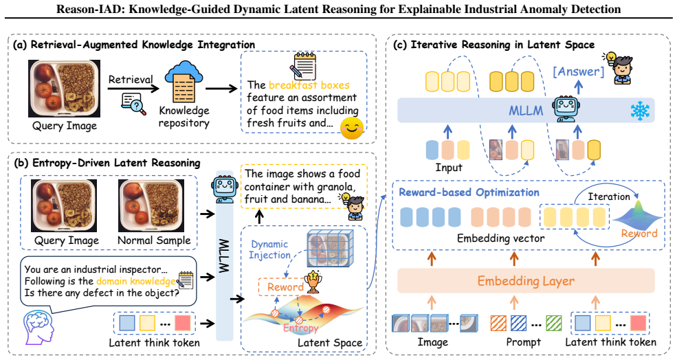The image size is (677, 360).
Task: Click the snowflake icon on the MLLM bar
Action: [x=640, y=111]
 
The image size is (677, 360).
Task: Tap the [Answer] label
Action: [x=578, y=71]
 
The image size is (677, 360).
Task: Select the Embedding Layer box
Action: [x=526, y=281]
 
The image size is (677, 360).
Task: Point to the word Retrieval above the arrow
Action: [x=131, y=80]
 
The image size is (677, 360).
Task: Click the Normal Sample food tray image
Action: [x=151, y=205]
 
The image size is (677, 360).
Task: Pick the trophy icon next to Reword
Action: [x=313, y=282]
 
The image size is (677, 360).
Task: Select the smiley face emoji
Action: [x=351, y=128]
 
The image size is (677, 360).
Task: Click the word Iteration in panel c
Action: [x=609, y=197]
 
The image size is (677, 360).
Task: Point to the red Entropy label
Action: [x=301, y=328]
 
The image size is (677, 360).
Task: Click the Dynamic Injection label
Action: [x=270, y=249]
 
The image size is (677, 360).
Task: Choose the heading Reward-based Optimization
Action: [x=469, y=192]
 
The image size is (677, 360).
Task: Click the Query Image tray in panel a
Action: [x=65, y=89]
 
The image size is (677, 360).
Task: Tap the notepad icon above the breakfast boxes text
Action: [x=304, y=66]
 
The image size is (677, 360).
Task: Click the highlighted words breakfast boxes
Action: [x=309, y=85]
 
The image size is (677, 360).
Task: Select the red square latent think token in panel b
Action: [x=183, y=323]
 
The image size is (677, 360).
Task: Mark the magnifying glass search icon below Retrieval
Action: [x=134, y=104]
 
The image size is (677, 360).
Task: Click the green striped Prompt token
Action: [x=553, y=323]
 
